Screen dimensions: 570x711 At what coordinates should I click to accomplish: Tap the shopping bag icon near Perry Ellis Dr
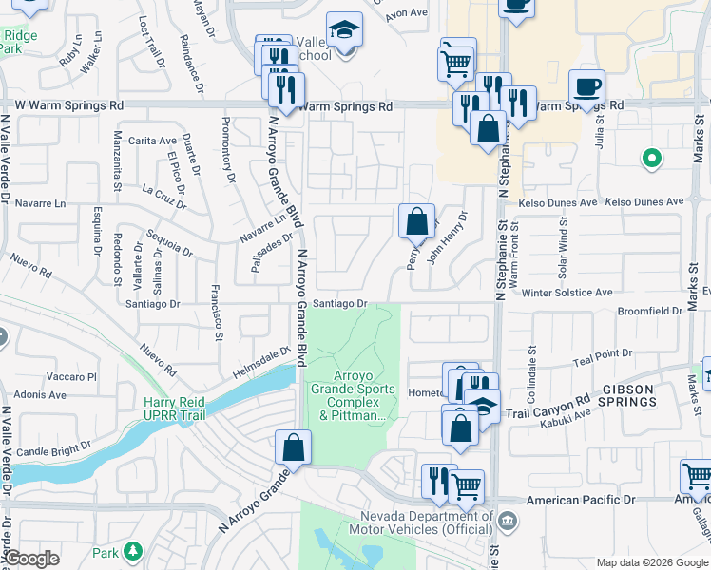pos(416,222)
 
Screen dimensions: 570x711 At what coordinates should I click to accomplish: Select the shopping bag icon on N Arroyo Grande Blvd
pos(294,447)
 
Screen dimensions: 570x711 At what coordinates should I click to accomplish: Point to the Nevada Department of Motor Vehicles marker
pos(508,520)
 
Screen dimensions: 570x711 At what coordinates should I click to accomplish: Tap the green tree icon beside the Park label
pos(133,551)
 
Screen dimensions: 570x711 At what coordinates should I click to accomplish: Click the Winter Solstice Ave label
pos(567,293)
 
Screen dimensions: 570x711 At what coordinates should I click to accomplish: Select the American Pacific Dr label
pos(582,500)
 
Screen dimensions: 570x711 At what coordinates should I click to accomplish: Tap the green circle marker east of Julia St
pos(651,158)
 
